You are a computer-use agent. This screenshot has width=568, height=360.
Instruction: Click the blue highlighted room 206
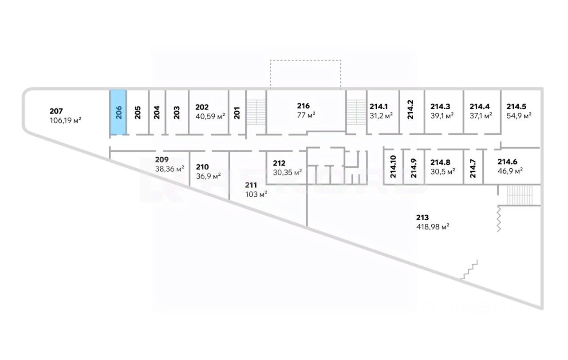click(118, 112)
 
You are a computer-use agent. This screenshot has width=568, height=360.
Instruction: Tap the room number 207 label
click(56, 111)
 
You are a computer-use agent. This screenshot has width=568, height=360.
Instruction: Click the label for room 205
click(138, 112)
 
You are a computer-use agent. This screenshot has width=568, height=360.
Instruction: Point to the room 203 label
click(177, 112)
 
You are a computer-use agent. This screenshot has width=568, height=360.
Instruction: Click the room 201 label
click(237, 112)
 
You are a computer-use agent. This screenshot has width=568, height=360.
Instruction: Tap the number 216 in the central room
click(304, 106)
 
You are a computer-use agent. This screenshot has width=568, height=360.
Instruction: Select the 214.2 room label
click(411, 111)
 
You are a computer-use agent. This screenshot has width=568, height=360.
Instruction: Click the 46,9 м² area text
click(510, 170)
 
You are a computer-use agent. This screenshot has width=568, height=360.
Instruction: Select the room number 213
click(422, 218)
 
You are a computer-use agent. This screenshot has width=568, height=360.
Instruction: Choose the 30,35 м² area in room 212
click(288, 172)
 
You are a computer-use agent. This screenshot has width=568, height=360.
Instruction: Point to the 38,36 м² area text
click(170, 169)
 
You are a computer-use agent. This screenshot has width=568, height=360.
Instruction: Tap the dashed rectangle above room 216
click(305, 74)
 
